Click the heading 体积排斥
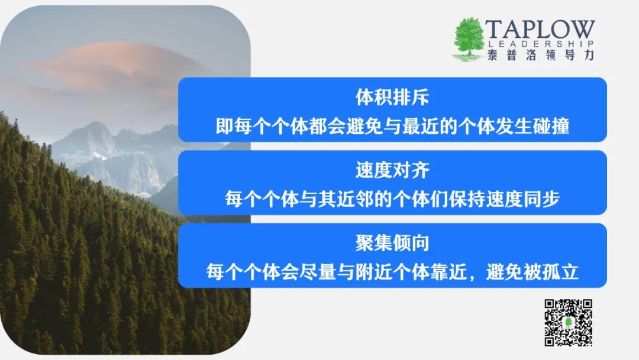click(x=392, y=97)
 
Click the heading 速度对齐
click(x=392, y=170)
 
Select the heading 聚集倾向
click(x=392, y=243)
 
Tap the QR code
click(x=569, y=323)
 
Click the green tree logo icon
click(x=469, y=39)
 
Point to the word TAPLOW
click(x=540, y=30)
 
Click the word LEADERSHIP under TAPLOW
click(x=541, y=44)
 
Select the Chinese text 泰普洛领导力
click(x=541, y=55)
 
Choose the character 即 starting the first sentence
click(x=224, y=126)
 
